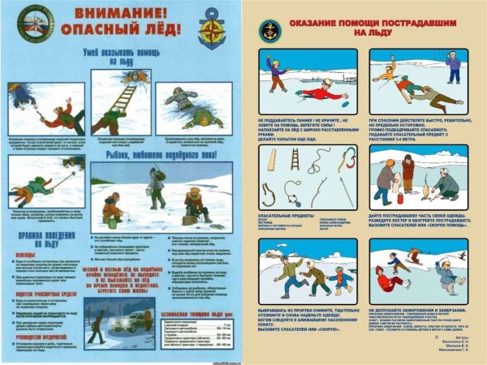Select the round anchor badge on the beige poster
click(268, 31)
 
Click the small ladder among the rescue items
click(294, 158)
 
